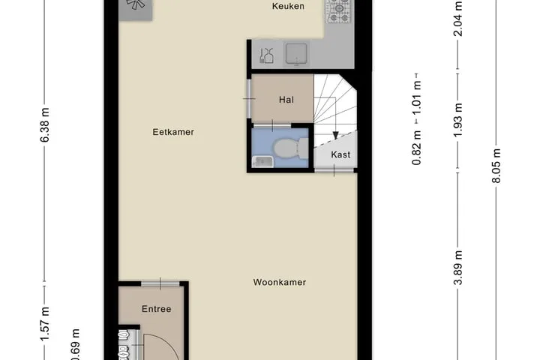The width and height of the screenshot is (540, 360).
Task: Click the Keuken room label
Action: pos(288,6)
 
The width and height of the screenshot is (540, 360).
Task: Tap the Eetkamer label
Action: pos(173,132)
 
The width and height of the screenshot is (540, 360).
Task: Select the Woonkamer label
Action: pos(279,282)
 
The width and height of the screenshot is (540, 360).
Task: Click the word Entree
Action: pos(156,309)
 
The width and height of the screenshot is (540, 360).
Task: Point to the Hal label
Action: pos(286,100)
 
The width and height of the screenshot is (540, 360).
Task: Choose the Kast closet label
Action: pos(340,154)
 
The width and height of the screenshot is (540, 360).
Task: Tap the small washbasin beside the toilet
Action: pos(262,162)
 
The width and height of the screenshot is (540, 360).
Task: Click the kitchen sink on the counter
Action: pos(296,54)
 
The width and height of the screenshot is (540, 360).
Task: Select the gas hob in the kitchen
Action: pos(338,10)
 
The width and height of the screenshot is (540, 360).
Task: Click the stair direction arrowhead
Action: pos(335,135)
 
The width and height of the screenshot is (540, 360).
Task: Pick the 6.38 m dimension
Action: pos(45,124)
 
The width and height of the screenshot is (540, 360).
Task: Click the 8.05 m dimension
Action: pos(496,166)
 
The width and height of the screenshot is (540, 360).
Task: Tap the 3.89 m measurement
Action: pos(457,268)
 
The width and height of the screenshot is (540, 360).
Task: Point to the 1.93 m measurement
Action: pos(457,120)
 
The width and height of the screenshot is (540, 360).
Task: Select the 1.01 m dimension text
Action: pos(417,99)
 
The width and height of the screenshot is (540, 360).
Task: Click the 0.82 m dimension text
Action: pos(417,148)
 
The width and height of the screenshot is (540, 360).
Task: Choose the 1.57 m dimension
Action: pos(45,324)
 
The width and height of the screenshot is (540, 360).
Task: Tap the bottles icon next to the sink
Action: pos(266,55)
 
